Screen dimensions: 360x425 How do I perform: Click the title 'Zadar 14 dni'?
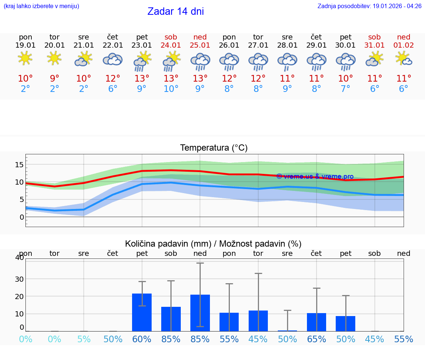click(x=176, y=11)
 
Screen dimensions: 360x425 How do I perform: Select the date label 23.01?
click(x=142, y=45)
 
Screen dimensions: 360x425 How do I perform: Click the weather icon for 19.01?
click(x=25, y=58)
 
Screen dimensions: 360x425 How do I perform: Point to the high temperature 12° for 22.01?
click(x=113, y=79)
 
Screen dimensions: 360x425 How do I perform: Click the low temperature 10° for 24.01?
click(x=171, y=89)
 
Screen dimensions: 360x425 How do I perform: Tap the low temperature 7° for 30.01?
click(x=345, y=89)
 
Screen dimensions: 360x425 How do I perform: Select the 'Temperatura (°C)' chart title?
click(x=214, y=148)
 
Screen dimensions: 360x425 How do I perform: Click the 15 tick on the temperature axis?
click(x=19, y=165)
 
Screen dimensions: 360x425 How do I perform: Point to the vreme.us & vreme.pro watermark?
click(x=315, y=176)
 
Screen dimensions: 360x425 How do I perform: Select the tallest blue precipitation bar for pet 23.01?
click(x=142, y=312)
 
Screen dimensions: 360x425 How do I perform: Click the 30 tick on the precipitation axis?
click(x=19, y=279)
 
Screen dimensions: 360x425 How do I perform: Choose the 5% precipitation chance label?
click(x=84, y=339)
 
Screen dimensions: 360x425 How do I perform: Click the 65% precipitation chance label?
click(x=317, y=339)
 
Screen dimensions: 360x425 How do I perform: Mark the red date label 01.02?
click(x=404, y=45)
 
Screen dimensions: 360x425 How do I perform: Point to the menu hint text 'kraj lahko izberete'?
click(x=41, y=6)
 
